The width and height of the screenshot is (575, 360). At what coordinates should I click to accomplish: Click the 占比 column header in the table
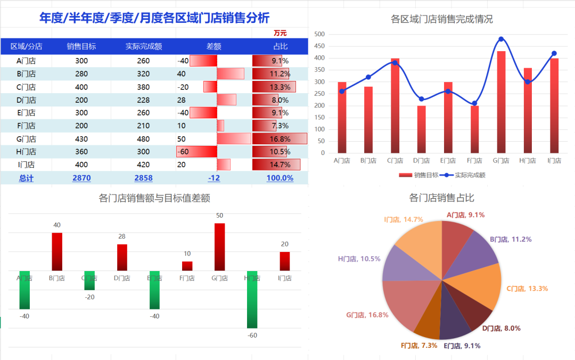pyautogui.click(x=280, y=46)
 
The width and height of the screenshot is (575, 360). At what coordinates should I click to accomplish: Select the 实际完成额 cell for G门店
pyautogui.click(x=143, y=139)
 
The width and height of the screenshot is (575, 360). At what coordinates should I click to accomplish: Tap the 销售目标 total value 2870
pyautogui.click(x=81, y=178)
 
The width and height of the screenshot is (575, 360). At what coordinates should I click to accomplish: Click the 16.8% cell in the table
pyautogui.click(x=280, y=139)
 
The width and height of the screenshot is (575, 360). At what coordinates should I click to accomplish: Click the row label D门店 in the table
pyautogui.click(x=26, y=100)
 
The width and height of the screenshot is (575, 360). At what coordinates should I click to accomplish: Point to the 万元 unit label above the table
pyautogui.click(x=280, y=33)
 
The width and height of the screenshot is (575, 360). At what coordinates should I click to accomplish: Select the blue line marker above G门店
pyautogui.click(x=501, y=39)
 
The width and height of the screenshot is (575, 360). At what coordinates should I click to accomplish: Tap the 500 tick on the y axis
pyautogui.click(x=319, y=34)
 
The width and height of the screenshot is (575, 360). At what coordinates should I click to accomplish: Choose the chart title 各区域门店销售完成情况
pyautogui.click(x=441, y=19)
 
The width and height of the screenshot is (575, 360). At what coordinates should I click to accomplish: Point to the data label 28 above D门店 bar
pyautogui.click(x=122, y=236)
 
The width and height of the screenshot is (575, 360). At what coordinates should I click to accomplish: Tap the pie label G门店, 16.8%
pyautogui.click(x=367, y=315)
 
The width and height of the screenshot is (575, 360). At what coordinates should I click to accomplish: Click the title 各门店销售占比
pyautogui.click(x=441, y=198)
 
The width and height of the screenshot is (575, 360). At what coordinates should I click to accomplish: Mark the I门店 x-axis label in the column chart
pyautogui.click(x=554, y=160)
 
